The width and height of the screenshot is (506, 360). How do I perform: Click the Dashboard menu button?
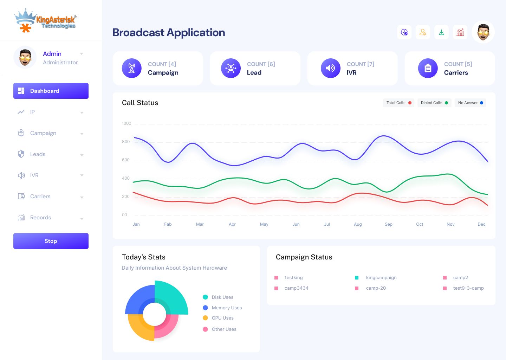click(51, 91)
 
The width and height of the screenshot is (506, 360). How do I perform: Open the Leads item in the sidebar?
click(38, 154)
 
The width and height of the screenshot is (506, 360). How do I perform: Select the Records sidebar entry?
click(40, 218)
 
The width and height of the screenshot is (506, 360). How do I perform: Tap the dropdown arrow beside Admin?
click(82, 54)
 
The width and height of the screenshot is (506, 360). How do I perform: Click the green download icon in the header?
click(441, 32)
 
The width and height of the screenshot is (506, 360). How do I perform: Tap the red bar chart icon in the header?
click(460, 32)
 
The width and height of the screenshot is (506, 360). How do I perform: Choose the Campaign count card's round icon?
click(132, 68)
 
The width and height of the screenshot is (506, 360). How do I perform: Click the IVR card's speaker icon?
click(331, 68)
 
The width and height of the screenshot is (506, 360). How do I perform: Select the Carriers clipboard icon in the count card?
click(428, 68)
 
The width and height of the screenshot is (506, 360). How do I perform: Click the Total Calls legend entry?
click(398, 103)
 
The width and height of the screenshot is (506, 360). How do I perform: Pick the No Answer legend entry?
click(470, 103)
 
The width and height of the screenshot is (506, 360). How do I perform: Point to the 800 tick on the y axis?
click(126, 142)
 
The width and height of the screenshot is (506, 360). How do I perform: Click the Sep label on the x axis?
click(389, 224)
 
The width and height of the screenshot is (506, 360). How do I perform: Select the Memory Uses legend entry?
click(227, 308)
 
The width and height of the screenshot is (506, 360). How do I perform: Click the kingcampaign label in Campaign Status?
click(381, 278)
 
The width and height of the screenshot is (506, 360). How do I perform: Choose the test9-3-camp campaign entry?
click(468, 288)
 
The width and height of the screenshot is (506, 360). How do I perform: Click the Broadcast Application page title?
click(169, 32)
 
